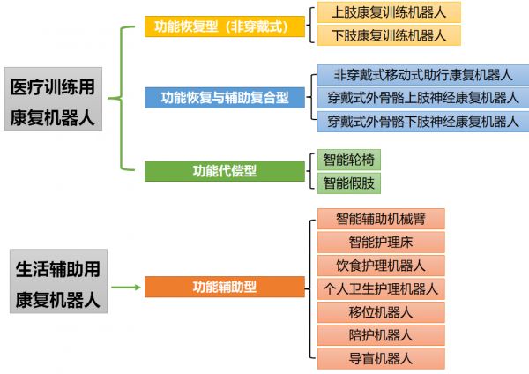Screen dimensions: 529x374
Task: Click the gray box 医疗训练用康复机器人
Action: tap(53, 99)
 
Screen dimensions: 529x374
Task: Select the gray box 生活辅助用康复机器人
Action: tap(58, 281)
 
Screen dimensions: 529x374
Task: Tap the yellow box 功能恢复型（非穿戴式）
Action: tap(225, 26)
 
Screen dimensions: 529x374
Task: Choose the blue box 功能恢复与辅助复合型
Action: tap(225, 98)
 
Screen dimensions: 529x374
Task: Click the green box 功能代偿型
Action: tap(225, 171)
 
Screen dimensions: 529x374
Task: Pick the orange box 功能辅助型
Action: tap(225, 287)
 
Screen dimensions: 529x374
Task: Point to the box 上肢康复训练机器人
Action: tap(389, 12)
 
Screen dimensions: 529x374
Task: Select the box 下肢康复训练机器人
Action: tap(389, 35)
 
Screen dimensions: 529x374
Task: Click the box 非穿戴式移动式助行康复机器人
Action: tap(423, 75)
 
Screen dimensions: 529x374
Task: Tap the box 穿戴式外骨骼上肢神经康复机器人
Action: tap(423, 98)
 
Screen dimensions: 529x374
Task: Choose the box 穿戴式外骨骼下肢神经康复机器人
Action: tap(423, 121)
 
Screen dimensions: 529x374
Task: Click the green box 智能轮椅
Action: tap(349, 160)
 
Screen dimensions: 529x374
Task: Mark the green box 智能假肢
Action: tap(349, 183)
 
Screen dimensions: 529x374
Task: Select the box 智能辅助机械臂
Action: tap(381, 219)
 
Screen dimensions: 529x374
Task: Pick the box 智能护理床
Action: tap(381, 242)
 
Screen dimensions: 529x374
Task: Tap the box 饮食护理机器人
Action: tap(381, 266)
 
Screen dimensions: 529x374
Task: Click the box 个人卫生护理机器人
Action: tap(381, 289)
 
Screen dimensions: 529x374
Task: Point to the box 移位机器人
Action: tap(381, 312)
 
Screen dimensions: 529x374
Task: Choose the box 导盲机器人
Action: tap(381, 358)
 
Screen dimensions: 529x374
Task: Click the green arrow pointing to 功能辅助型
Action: tap(126, 288)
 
